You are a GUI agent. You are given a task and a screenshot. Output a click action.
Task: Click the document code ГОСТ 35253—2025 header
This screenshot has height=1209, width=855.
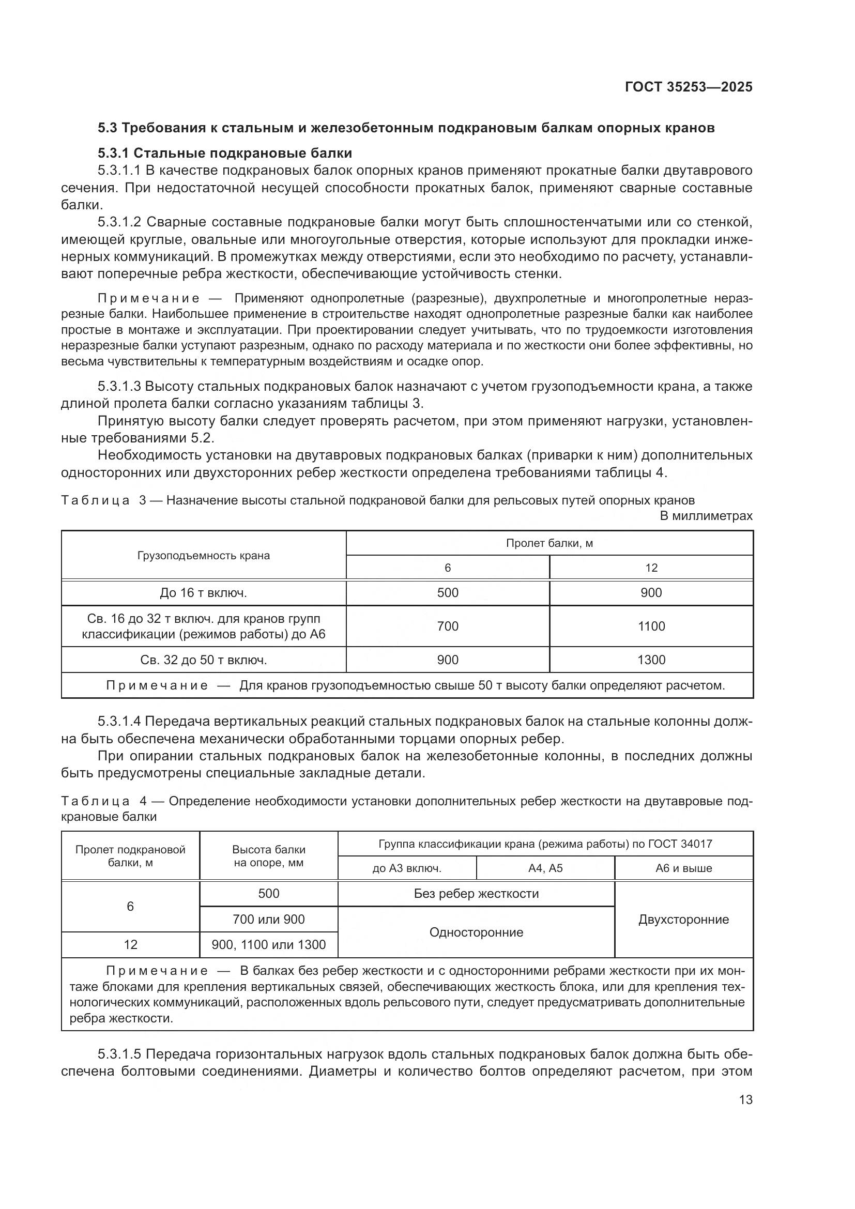[x=688, y=87]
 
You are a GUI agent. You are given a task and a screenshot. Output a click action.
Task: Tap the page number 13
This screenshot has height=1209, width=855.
[x=745, y=1099]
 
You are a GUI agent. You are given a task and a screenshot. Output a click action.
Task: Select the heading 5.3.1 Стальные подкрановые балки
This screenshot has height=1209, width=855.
[x=225, y=153]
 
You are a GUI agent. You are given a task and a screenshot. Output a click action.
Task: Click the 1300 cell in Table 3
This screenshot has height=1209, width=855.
[x=651, y=660]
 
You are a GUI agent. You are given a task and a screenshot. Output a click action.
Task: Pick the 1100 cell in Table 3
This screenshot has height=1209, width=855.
[x=651, y=626]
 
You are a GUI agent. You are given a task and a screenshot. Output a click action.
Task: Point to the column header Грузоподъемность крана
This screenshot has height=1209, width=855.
[x=203, y=556]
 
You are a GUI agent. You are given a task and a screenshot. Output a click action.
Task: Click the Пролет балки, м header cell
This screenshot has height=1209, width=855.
[x=549, y=543]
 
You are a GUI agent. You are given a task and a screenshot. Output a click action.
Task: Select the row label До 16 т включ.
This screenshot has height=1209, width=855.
[x=203, y=593]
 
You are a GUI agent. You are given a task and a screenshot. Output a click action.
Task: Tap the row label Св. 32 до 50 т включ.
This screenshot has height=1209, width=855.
[x=203, y=660]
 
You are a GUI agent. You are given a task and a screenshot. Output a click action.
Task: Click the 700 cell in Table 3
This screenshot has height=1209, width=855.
[x=448, y=626]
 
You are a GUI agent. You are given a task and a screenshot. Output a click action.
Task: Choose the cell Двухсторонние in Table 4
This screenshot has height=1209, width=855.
[x=683, y=920]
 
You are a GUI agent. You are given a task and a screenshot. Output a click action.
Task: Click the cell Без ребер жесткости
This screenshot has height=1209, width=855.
[x=476, y=894]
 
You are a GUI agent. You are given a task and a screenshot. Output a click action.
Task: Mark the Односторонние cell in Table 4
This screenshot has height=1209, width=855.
[x=476, y=932]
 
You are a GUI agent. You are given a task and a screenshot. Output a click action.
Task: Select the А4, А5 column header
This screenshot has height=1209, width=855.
[x=545, y=868]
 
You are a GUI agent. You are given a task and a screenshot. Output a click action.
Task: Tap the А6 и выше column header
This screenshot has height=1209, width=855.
[x=683, y=868]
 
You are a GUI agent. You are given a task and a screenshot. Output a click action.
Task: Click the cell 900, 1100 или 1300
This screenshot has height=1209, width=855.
[x=268, y=945]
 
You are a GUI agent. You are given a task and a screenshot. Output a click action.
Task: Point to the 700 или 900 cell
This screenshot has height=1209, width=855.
[x=268, y=920]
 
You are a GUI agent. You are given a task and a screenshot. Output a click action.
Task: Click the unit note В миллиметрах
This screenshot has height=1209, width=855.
[x=706, y=516]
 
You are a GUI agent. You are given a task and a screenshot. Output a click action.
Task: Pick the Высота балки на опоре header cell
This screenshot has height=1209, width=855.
[x=268, y=855]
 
